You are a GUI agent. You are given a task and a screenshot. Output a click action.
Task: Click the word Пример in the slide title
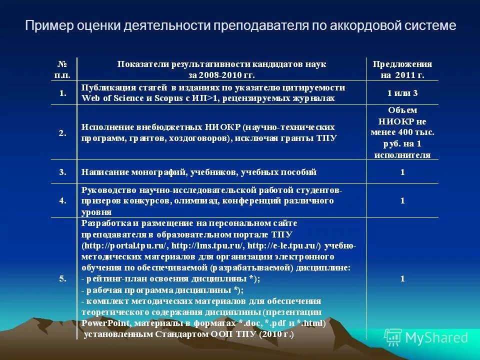(x=44, y=25)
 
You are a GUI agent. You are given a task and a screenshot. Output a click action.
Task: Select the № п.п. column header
(x=62, y=69)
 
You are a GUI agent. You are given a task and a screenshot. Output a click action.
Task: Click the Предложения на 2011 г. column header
(x=402, y=69)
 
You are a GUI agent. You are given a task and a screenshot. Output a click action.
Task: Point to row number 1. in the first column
(x=63, y=93)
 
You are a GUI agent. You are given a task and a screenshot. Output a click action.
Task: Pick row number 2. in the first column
(x=63, y=133)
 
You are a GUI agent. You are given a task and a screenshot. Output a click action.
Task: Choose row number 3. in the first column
(x=63, y=172)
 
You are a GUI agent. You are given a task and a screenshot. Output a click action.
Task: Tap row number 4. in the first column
(x=63, y=200)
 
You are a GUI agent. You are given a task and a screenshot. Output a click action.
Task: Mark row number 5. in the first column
(x=63, y=279)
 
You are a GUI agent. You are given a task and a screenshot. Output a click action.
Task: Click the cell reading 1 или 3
(x=402, y=93)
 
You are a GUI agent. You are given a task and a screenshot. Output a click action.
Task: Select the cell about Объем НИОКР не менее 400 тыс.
(x=402, y=132)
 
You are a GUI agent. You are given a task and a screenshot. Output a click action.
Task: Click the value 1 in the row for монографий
(x=402, y=172)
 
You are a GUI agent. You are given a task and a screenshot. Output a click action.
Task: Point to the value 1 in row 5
(x=402, y=279)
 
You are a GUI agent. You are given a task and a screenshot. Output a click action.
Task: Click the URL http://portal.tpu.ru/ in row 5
(x=125, y=245)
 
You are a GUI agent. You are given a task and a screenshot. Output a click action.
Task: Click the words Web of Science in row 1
(x=112, y=98)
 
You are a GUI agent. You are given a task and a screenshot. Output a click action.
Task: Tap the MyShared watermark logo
(x=427, y=337)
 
